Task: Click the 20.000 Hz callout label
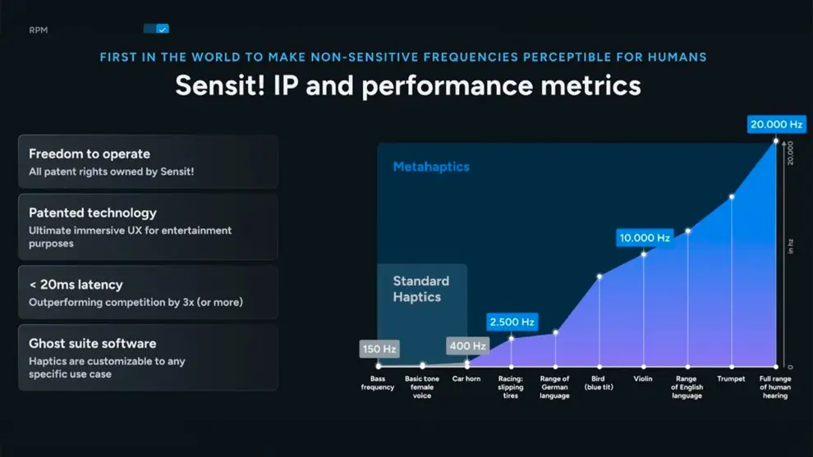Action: coord(776,125)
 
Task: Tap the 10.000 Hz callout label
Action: coord(645,238)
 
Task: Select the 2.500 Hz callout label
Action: coord(512,322)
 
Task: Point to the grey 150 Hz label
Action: coord(379,350)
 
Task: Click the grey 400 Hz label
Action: coord(467,346)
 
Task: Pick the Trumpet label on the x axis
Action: coord(731,379)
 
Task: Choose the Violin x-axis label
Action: coord(643,379)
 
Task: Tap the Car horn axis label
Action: coord(466,379)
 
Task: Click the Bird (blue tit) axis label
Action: coord(599,383)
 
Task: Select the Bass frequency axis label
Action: coord(378,383)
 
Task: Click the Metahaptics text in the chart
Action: coord(431,167)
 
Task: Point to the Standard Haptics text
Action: coord(420,289)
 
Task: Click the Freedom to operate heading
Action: coord(90,153)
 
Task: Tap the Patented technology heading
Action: coord(93,213)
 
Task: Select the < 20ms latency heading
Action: coord(76,285)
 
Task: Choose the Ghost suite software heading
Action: coord(92,343)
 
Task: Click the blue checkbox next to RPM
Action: coord(162,29)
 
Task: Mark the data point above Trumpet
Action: coord(732,197)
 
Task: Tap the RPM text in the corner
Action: coord(39,30)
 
